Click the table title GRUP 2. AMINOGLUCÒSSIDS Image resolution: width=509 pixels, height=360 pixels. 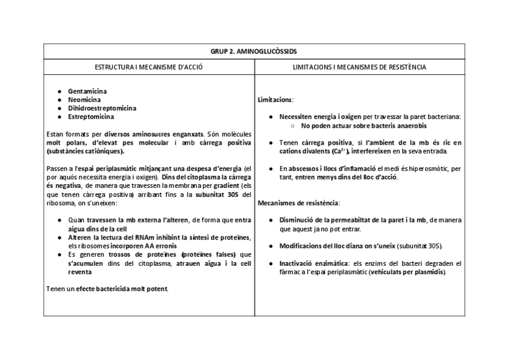[x=254, y=52]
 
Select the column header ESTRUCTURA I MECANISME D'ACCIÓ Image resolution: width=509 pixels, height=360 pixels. [x=149, y=67]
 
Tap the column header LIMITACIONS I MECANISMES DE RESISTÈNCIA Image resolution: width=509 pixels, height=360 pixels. [x=360, y=67]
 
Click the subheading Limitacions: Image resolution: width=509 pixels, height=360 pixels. [x=276, y=100]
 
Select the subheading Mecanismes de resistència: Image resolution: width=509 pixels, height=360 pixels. [x=298, y=203]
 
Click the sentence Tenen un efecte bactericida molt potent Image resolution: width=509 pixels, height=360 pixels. [x=107, y=289]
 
